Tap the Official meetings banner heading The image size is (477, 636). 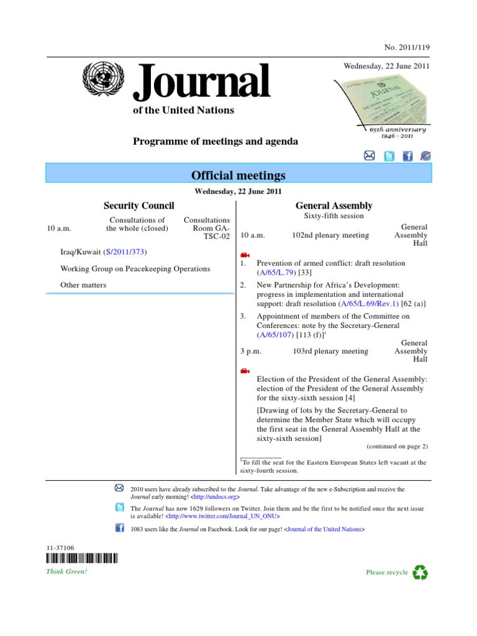pyautogui.click(x=239, y=175)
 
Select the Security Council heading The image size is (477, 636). pyautogui.click(x=139, y=206)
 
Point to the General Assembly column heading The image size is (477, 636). pyautogui.click(x=334, y=206)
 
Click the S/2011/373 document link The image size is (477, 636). pyautogui.click(x=127, y=252)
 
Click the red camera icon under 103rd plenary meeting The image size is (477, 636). pyautogui.click(x=244, y=371)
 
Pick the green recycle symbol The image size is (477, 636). pyautogui.click(x=420, y=572)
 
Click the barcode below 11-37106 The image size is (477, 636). pyautogui.click(x=81, y=558)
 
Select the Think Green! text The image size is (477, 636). pyautogui.click(x=66, y=571)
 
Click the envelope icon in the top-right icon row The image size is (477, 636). pyautogui.click(x=369, y=156)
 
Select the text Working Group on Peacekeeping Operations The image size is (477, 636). pyautogui.click(x=135, y=269)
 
